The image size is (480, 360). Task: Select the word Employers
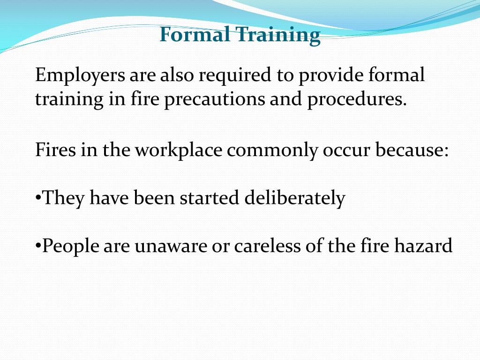[x=80, y=76]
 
